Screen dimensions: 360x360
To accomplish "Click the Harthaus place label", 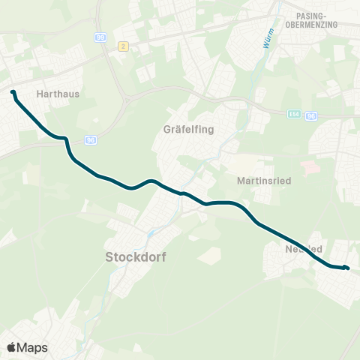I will tap(58, 94).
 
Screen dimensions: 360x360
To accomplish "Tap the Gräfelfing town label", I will tap(188, 129).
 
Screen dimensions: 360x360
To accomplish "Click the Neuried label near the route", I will tap(304, 249).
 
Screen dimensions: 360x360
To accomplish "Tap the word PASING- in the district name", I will tap(312, 15).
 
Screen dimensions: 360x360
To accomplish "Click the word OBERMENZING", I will tap(312, 25).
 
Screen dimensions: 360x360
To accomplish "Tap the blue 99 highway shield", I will tap(100, 36).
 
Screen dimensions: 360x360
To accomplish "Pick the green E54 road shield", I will tap(293, 115).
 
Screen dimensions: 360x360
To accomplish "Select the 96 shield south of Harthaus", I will tap(91, 140).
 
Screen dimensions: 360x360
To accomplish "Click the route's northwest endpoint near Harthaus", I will tap(13, 92).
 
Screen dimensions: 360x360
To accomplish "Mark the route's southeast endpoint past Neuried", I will tap(347, 268).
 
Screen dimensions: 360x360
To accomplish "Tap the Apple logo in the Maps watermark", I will tap(12, 348).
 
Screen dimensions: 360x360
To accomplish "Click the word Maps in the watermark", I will tap(32, 348).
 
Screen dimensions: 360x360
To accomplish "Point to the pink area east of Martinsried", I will tap(310, 165).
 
